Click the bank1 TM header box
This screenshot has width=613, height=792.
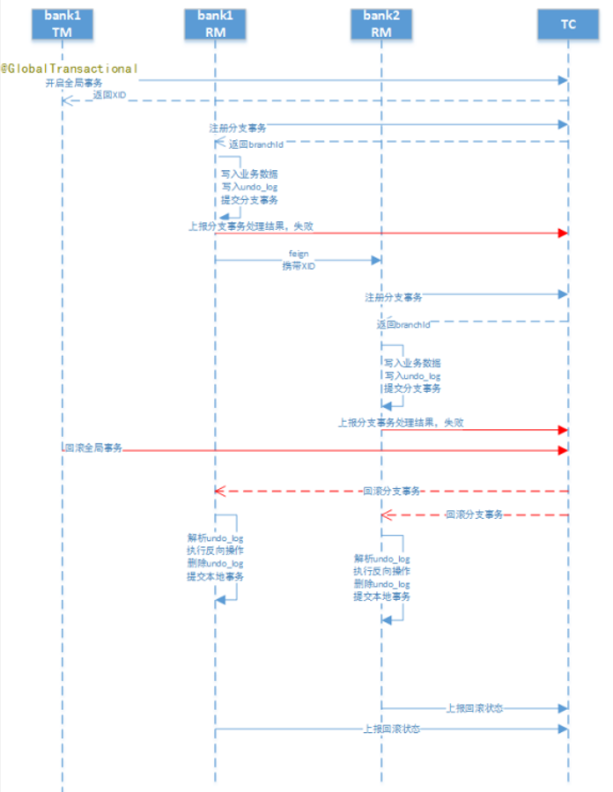coord(63,25)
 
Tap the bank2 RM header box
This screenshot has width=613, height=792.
coord(381,25)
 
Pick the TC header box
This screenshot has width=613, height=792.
coord(568,25)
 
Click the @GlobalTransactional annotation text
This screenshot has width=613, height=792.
coord(70,68)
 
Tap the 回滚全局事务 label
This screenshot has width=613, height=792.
coord(92,448)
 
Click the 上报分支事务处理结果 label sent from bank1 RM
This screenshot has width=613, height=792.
coord(250,226)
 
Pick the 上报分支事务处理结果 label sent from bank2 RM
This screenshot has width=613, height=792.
coord(401,423)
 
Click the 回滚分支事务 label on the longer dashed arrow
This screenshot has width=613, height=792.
coord(391,490)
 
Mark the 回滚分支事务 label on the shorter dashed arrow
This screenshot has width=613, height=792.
coord(474,514)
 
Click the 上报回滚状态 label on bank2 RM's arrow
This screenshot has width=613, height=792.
coord(474,707)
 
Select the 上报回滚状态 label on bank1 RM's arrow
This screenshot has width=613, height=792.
coord(391,729)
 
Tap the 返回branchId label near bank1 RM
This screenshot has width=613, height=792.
coord(255,144)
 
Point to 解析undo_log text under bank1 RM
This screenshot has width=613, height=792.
coord(215,537)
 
